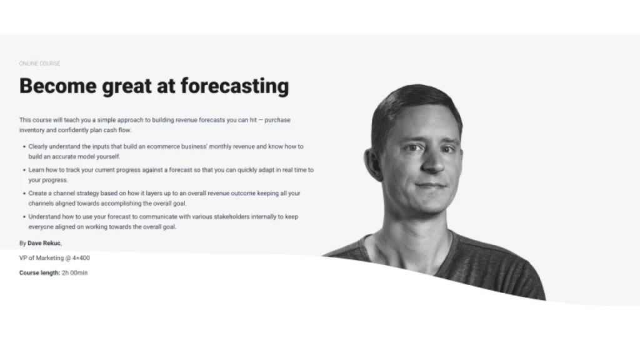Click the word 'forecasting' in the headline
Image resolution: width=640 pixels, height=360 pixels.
234,86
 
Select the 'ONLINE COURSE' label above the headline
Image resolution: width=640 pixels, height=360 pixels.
39,64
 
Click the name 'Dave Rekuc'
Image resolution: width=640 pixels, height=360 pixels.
44,243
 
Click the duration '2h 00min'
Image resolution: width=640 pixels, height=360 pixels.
75,273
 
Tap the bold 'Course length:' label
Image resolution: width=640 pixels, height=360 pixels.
39,273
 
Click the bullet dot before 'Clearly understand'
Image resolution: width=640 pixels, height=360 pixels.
23,146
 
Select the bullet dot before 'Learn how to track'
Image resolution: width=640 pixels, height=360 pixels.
23,170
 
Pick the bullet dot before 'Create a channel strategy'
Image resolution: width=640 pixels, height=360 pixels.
23,194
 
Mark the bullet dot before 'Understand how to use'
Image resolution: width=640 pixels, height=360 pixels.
23,217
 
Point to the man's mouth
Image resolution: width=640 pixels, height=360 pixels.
431,186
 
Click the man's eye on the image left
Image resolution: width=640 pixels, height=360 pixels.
410,148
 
